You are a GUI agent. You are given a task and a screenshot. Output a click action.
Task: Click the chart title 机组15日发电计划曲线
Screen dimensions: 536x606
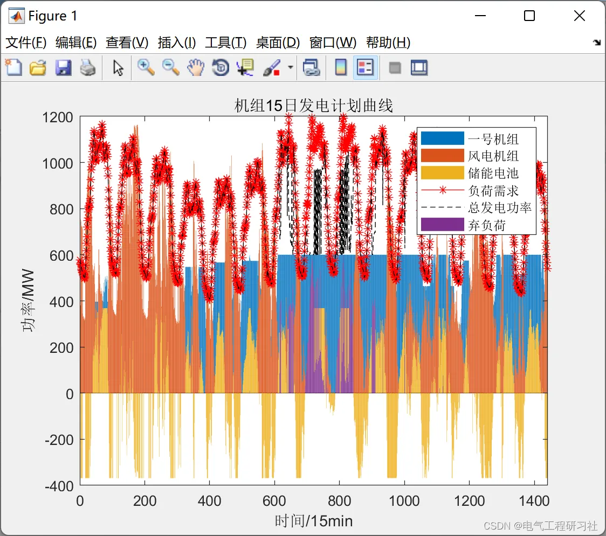313,106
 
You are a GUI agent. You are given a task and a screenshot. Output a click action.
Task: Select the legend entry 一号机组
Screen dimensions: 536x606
493,139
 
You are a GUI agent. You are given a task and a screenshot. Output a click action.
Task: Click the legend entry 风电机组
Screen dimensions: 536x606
493,156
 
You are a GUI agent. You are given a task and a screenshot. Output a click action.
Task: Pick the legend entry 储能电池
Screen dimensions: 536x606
493,173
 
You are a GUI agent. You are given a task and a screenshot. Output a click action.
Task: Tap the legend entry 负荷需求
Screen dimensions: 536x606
493,191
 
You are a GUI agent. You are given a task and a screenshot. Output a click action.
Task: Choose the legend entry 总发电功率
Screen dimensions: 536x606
499,208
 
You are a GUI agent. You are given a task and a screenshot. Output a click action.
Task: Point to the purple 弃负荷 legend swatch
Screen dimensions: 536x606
442,225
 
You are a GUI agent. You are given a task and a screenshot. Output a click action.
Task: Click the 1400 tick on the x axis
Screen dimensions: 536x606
534,501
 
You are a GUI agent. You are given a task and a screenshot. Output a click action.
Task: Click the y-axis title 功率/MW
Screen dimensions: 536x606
28,300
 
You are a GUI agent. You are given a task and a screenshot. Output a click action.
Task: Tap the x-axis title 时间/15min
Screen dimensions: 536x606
313,521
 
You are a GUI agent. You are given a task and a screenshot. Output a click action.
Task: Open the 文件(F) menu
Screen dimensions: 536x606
26,43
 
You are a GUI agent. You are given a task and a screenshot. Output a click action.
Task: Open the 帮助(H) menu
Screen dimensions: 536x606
388,43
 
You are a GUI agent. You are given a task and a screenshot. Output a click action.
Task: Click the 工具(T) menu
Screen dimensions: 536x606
225,43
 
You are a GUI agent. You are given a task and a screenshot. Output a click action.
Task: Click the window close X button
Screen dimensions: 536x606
579,16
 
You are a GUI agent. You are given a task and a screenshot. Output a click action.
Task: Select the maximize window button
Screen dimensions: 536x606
529,16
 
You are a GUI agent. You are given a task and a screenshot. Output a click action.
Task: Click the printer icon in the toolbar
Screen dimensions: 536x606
88,68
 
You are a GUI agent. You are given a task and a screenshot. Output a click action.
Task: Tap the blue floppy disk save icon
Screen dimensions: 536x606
63,68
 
